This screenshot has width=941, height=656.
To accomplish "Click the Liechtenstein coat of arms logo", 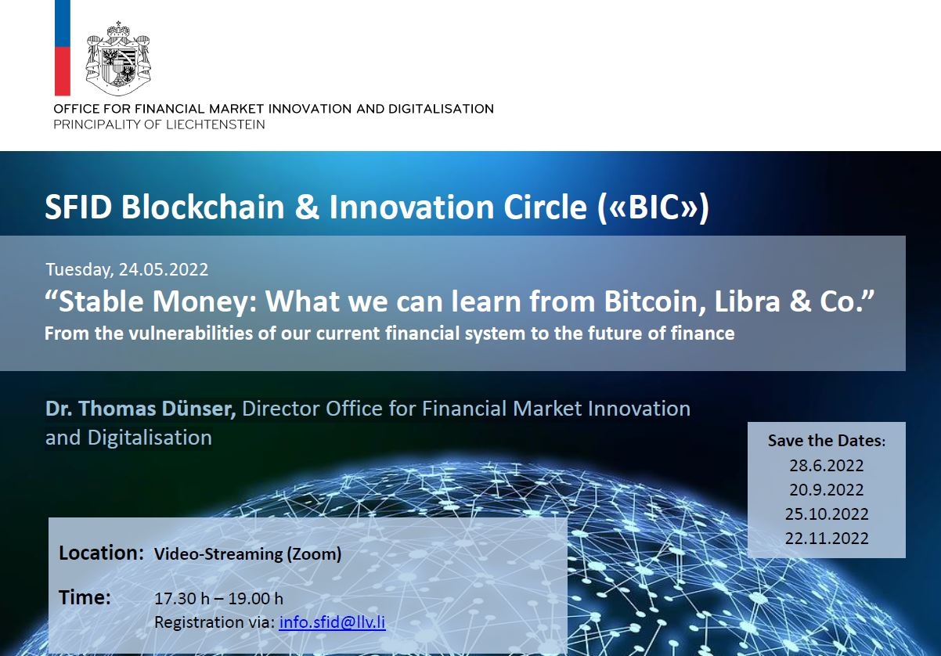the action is click(x=118, y=59).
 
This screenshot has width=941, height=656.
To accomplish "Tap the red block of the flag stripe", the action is click(x=63, y=71).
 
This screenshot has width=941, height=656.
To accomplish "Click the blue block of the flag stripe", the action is click(x=63, y=23).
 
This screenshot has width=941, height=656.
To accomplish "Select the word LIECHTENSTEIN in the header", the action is click(x=215, y=124).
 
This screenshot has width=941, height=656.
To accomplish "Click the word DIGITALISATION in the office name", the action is click(x=441, y=109).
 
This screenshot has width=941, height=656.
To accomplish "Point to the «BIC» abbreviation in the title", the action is click(x=653, y=207).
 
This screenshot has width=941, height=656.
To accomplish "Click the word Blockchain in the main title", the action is click(x=203, y=207).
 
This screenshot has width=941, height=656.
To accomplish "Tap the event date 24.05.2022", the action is click(x=164, y=269).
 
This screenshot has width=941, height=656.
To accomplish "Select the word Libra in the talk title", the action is click(x=747, y=301).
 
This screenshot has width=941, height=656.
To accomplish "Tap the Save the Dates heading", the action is click(x=827, y=441).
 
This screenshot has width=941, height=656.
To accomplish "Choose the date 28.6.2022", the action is click(x=827, y=465).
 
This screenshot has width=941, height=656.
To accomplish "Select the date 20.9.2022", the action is click(x=827, y=490).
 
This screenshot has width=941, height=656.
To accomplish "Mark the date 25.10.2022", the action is click(x=827, y=514).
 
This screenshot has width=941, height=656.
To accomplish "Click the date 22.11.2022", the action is click(x=827, y=538).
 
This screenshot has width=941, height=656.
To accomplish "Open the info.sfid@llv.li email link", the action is click(x=332, y=622).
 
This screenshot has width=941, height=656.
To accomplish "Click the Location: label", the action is click(x=101, y=553).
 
